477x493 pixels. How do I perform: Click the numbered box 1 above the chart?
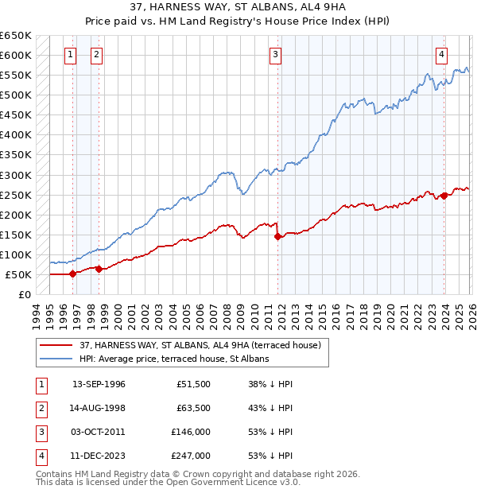click(71, 55)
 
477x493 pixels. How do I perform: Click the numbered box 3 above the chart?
click(275, 55)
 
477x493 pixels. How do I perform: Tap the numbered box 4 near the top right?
click(441, 55)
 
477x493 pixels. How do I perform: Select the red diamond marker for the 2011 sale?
click(277, 236)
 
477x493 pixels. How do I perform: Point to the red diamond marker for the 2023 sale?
click(444, 196)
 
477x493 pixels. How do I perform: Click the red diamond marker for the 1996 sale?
click(73, 274)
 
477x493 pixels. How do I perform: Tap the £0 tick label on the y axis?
click(24, 294)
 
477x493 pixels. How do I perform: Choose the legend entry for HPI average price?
click(174, 359)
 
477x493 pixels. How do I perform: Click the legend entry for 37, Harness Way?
click(200, 345)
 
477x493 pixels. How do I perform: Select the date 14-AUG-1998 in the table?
click(99, 408)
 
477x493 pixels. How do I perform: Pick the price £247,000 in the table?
click(190, 456)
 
